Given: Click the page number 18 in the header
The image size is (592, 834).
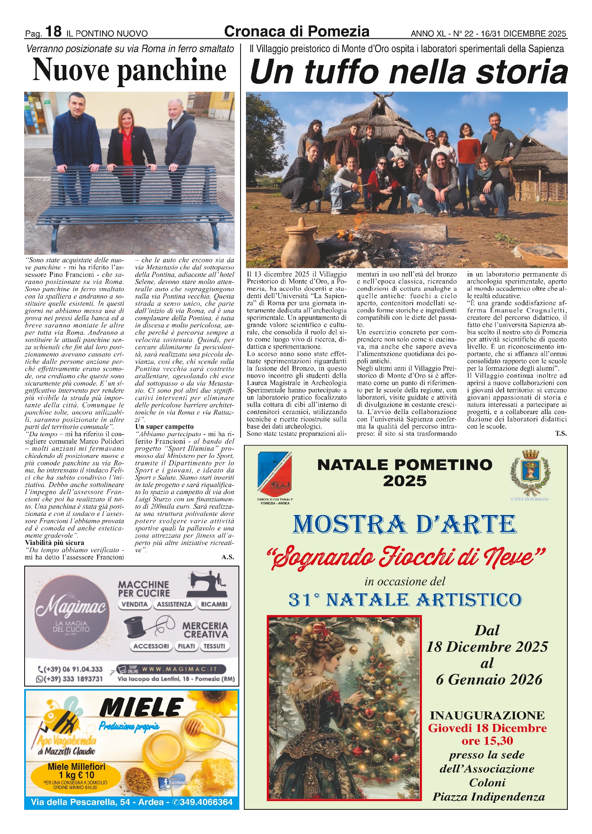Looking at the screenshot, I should (x=53, y=31).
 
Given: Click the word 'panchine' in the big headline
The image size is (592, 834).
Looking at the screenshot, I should (x=172, y=70).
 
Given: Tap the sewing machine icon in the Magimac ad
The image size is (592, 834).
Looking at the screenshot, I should (x=207, y=585).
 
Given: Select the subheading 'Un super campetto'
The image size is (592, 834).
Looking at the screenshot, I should (x=164, y=427).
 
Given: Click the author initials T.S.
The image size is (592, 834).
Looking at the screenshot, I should (x=560, y=434).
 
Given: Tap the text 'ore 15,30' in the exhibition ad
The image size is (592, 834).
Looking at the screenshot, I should (x=487, y=741).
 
